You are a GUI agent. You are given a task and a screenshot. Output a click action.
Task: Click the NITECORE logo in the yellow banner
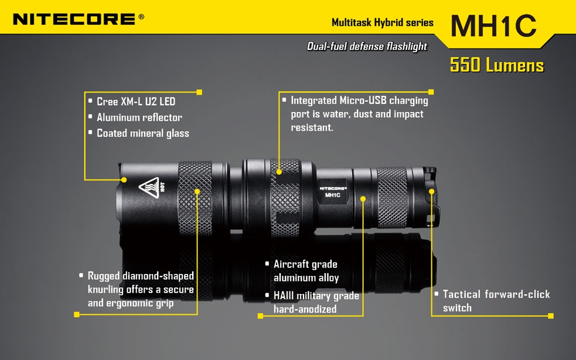tap(74, 19)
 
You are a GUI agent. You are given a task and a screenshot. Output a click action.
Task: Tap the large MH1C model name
tap(493, 26)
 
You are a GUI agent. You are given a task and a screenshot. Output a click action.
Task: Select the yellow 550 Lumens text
tap(497, 65)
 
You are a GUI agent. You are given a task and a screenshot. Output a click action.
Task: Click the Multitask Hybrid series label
tap(383, 23)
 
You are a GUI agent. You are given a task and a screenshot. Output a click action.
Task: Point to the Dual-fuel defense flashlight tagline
tap(367, 46)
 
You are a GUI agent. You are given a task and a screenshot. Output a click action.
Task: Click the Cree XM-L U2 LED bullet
tap(136, 101)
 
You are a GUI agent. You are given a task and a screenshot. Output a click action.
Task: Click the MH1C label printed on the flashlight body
tap(332, 195)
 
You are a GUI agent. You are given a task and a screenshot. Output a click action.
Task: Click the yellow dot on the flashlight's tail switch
tap(432, 191)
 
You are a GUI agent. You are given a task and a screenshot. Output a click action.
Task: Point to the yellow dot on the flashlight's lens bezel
tap(124, 180)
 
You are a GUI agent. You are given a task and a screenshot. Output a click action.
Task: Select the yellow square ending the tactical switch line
tap(551, 316)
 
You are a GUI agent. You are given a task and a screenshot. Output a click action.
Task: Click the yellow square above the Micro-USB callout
tap(431, 92)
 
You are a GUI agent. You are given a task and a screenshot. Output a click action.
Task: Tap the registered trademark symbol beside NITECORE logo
tap(141, 16)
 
